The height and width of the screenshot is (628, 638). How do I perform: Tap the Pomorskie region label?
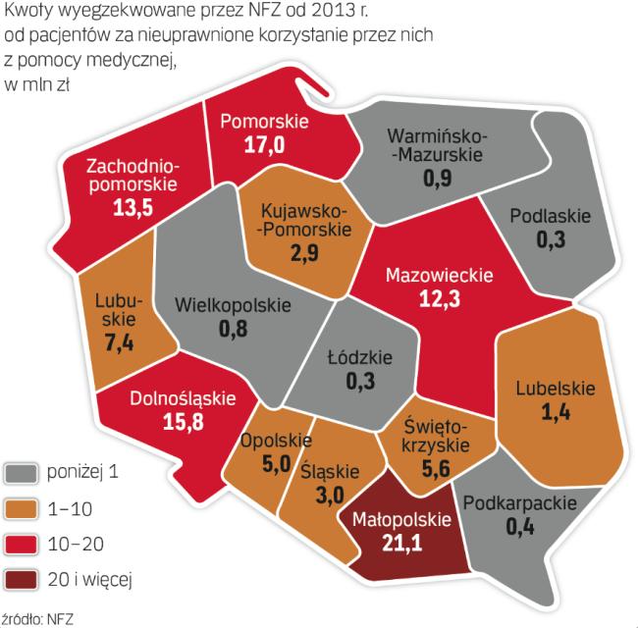[265, 123]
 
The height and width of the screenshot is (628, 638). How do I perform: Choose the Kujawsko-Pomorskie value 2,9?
[303, 251]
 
